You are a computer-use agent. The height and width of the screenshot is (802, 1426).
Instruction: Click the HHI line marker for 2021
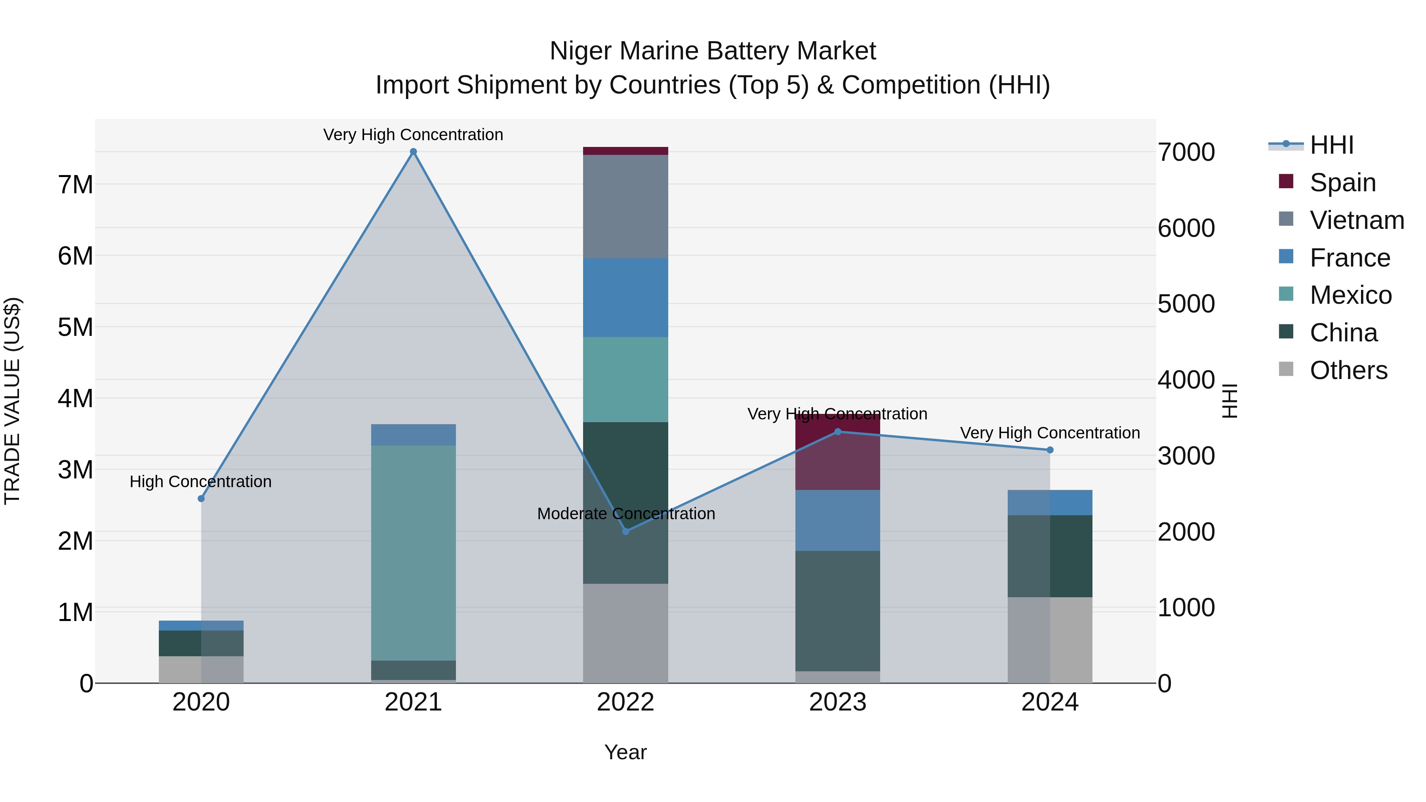point(413,152)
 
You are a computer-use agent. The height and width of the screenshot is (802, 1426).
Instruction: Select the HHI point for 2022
point(625,531)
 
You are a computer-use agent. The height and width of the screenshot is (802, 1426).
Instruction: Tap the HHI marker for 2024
point(1050,450)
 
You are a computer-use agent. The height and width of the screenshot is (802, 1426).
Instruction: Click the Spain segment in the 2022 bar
point(625,151)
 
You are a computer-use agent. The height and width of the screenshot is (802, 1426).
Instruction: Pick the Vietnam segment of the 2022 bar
point(625,206)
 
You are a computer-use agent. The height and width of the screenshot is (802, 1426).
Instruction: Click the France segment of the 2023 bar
point(837,520)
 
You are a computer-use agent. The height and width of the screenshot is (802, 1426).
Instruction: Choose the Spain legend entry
point(1342,183)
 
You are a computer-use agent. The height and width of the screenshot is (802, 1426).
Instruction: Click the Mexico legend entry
point(1350,295)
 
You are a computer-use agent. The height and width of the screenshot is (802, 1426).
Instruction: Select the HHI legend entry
point(1331,145)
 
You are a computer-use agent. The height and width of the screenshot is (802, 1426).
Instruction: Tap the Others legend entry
point(1348,370)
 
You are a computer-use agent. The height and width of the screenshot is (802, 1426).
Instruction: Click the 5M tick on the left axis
point(75,327)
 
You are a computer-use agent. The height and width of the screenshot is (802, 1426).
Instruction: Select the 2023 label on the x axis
point(837,702)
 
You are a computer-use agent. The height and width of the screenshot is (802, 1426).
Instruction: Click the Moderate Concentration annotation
point(625,514)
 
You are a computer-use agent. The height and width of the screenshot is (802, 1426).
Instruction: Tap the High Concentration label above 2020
point(200,482)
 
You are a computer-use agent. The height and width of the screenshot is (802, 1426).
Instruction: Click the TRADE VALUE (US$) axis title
point(12,401)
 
